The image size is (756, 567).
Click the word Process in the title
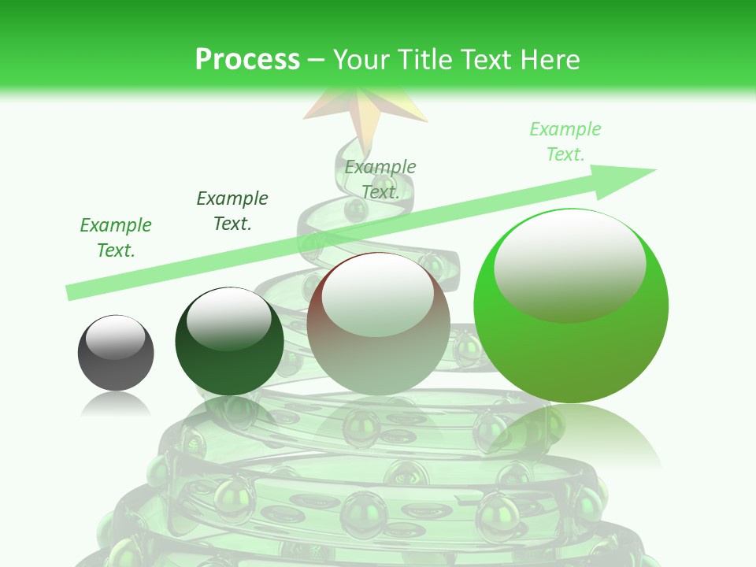click(x=247, y=60)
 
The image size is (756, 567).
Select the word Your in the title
click(x=362, y=60)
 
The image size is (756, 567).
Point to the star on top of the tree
click(x=365, y=110)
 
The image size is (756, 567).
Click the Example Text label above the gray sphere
click(x=116, y=238)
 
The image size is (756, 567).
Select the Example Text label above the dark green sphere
click(x=232, y=210)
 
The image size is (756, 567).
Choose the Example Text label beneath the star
click(x=380, y=179)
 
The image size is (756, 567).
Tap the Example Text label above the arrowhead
click(x=565, y=141)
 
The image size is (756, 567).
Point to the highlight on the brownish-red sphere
click(x=376, y=295)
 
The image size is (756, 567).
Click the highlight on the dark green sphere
click(x=228, y=317)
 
